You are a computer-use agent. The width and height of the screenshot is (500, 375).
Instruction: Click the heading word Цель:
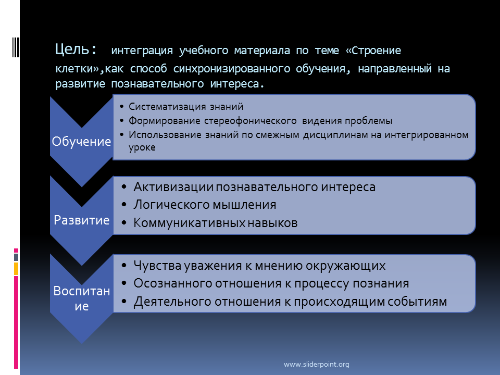click(76, 50)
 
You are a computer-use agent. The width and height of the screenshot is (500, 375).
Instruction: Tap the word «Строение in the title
click(373, 51)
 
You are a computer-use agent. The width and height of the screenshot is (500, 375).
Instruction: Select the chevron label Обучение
click(82, 141)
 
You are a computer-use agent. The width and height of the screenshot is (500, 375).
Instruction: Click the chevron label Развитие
click(82, 220)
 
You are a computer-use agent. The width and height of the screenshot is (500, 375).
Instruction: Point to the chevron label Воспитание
click(82, 298)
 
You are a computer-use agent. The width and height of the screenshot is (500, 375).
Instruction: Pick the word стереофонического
click(251, 121)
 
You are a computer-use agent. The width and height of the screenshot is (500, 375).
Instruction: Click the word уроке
click(142, 148)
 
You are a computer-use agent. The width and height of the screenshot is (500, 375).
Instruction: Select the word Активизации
click(173, 187)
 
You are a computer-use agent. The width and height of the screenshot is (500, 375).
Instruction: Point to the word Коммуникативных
click(190, 223)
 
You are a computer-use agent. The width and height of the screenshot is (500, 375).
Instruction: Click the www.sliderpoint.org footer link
click(316, 364)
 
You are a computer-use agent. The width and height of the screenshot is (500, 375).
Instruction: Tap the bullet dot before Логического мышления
click(124, 205)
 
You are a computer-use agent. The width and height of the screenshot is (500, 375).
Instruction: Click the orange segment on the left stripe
click(16, 269)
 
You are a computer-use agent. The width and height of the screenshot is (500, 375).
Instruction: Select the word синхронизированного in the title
click(231, 69)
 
